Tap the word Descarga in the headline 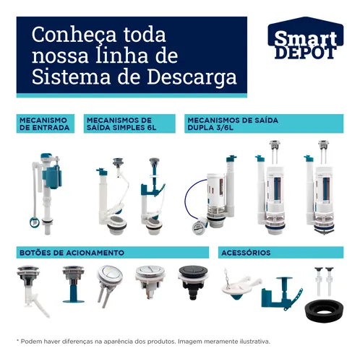tap(194, 77)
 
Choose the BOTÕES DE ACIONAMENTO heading tap(72, 253)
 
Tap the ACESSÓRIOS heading tap(247, 253)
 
